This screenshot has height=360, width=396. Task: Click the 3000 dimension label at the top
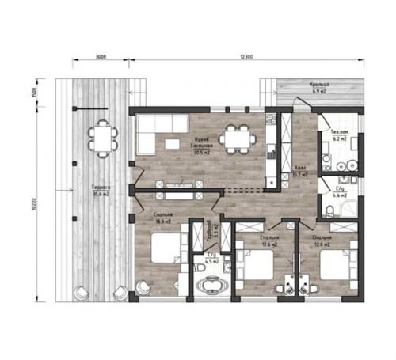(x=101, y=57)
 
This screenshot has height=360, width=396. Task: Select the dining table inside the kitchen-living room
(x=236, y=138)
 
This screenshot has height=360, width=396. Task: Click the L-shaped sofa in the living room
(x=150, y=135)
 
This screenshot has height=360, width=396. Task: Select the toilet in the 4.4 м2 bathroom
(x=329, y=209)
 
